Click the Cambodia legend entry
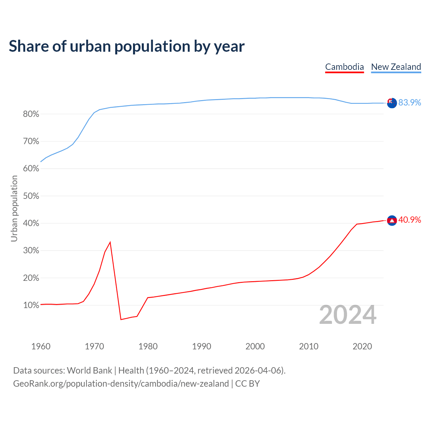[344, 67]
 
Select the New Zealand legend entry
[396, 67]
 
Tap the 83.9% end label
[410, 102]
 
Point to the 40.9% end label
[410, 220]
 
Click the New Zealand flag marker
[392, 103]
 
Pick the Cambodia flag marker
[392, 220]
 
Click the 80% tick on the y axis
[31, 114]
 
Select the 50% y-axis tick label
[31, 196]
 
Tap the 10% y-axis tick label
[31, 305]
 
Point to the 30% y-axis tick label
[31, 251]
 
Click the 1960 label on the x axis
[41, 346]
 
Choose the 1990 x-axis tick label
[202, 346]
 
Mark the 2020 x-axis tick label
[362, 346]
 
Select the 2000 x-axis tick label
[255, 346]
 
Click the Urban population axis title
[14, 208]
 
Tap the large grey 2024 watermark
[348, 315]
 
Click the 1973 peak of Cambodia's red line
[110, 242]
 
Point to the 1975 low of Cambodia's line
[121, 319]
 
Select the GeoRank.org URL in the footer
[121, 384]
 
